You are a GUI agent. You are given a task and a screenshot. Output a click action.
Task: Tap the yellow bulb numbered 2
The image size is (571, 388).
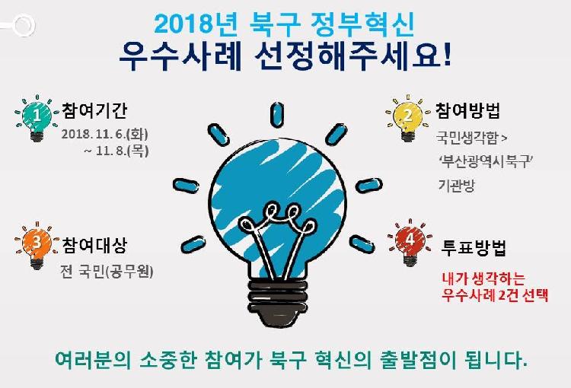[407, 116]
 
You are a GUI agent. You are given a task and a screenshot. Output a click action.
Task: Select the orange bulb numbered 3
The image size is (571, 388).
[35, 243]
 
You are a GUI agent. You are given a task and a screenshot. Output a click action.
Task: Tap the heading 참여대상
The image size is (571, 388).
[95, 245]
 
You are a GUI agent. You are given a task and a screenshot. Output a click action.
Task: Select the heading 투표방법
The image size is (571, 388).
[474, 247]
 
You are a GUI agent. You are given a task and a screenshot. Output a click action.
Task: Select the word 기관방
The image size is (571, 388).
[456, 185]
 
